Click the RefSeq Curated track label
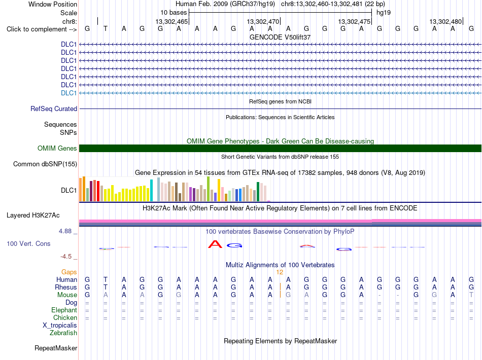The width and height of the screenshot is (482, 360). point(54,109)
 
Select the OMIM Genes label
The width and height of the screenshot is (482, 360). point(57,149)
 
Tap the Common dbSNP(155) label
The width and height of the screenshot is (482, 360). point(45,164)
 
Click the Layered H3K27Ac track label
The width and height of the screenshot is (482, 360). point(33,215)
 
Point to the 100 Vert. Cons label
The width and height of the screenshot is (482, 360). point(28,243)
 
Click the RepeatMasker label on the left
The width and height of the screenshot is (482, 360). point(56,348)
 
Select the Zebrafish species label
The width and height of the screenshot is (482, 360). point(63,333)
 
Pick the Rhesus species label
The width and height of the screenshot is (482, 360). point(66,287)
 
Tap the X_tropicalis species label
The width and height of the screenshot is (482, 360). point(60,326)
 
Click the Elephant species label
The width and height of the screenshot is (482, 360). point(64,310)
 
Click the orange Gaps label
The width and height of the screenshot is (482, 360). point(69,272)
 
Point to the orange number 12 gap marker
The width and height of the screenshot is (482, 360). point(280,272)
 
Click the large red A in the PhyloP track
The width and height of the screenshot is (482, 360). point(215,244)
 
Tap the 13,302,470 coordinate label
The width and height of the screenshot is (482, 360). point(263,21)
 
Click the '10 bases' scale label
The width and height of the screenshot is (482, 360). point(174,13)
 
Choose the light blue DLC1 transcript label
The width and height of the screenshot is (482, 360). point(69,93)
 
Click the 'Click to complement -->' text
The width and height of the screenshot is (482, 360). point(42,29)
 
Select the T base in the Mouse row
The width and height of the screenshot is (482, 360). point(471,295)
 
